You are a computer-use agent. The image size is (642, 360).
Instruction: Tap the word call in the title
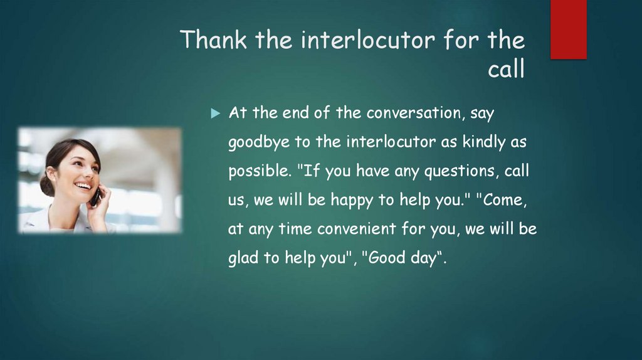pyautogui.click(x=506, y=70)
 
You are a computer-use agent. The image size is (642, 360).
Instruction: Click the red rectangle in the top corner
pyautogui.click(x=568, y=29)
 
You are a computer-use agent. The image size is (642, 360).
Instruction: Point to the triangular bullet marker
pyautogui.click(x=216, y=114)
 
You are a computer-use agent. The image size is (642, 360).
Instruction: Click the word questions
pyautogui.click(x=460, y=171)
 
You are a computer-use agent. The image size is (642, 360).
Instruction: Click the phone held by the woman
pyautogui.click(x=95, y=196)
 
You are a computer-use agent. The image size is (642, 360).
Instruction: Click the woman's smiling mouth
pyautogui.click(x=82, y=186)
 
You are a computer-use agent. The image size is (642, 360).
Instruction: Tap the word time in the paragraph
pyautogui.click(x=294, y=230)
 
